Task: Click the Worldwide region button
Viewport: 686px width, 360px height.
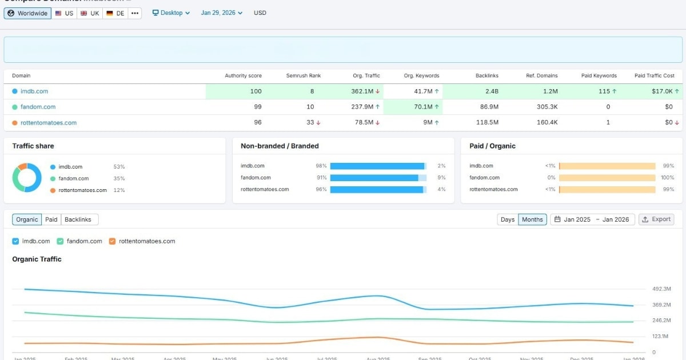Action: tap(27, 13)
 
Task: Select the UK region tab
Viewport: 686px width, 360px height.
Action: tap(90, 13)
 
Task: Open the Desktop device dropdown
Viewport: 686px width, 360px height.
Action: tap(171, 13)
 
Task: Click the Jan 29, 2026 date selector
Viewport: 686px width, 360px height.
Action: tap(221, 13)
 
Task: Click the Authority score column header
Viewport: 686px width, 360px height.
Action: tap(243, 75)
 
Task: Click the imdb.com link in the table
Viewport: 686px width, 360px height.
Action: tap(34, 91)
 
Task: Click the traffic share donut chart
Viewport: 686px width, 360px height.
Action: tap(27, 178)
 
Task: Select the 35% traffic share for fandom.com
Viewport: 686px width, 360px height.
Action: tap(119, 178)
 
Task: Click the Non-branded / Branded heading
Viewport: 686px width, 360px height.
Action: tap(280, 146)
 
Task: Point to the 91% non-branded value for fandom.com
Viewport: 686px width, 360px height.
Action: tap(321, 178)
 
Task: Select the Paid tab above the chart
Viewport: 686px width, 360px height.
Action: tap(51, 219)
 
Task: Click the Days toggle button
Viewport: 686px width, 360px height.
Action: tap(507, 219)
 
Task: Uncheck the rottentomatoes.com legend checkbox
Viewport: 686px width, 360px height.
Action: tap(113, 241)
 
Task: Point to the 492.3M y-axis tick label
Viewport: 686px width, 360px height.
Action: tap(661, 289)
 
